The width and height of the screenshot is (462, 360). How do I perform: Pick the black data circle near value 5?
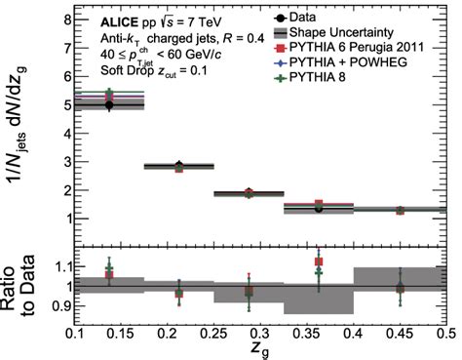point(108,104)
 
